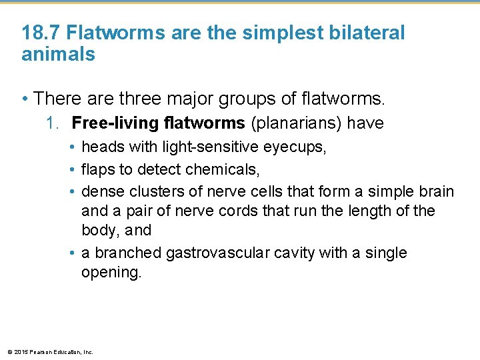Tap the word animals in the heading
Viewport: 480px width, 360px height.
point(59,54)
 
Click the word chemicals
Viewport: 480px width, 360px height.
point(224,169)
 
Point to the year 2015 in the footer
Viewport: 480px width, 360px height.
point(20,352)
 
